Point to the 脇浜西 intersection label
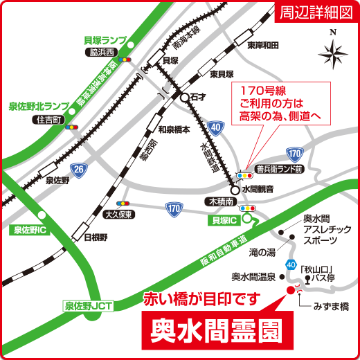point(102,51)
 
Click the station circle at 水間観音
point(235,189)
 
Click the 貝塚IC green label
point(223,219)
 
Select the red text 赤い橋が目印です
point(201,299)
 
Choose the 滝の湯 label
point(262,251)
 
